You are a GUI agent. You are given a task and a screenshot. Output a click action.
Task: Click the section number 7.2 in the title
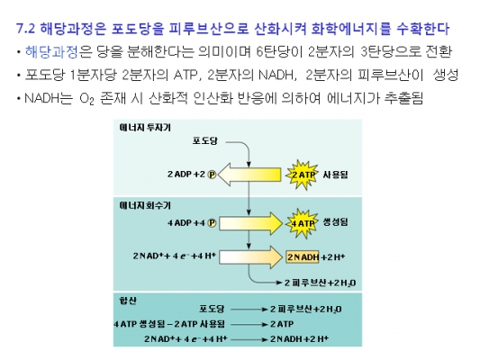pyautogui.click(x=26, y=29)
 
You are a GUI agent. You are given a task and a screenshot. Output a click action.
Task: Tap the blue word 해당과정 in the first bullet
pyautogui.click(x=51, y=52)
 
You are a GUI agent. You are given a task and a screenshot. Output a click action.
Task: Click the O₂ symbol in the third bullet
pyautogui.click(x=86, y=99)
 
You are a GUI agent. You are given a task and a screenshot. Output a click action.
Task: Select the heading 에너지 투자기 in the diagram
pyautogui.click(x=145, y=128)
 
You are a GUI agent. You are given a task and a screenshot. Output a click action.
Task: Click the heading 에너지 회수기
pyautogui.click(x=145, y=205)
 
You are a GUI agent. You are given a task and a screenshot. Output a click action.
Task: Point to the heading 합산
pyautogui.click(x=128, y=301)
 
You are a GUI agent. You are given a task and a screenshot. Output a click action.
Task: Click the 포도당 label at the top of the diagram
pyautogui.click(x=205, y=141)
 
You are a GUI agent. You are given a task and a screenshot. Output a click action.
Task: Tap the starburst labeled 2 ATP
pyautogui.click(x=302, y=175)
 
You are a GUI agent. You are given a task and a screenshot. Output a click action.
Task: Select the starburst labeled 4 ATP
pyautogui.click(x=302, y=223)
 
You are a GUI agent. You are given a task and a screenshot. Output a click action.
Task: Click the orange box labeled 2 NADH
pyautogui.click(x=303, y=256)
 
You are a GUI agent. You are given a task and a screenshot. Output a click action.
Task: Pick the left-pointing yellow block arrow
pyautogui.click(x=249, y=175)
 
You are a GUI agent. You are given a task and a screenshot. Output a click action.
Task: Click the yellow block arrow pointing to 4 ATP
pyautogui.click(x=250, y=223)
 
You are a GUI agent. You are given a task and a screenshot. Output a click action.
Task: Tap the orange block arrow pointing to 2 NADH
pyautogui.click(x=250, y=257)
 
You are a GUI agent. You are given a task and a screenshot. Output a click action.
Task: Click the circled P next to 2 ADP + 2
pyautogui.click(x=212, y=175)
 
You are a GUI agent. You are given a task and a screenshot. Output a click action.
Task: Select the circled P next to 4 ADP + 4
pyautogui.click(x=212, y=223)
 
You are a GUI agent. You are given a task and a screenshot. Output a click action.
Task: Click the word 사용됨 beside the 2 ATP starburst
pyautogui.click(x=336, y=175)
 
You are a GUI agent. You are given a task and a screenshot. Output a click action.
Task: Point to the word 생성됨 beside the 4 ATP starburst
pyautogui.click(x=336, y=222)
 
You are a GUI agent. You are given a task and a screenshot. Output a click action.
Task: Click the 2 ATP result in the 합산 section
pyautogui.click(x=282, y=324)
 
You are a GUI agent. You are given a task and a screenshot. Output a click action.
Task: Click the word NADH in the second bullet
pyautogui.click(x=276, y=75)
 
